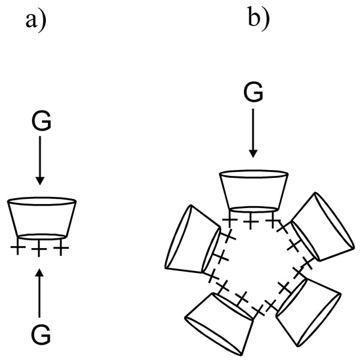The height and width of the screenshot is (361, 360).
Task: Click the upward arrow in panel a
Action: [x=40, y=295]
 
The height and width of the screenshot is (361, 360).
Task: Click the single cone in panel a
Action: [x=40, y=219]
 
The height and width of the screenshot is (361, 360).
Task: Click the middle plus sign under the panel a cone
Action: [x=40, y=249]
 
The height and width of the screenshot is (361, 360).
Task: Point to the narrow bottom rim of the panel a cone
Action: [x=40, y=236]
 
